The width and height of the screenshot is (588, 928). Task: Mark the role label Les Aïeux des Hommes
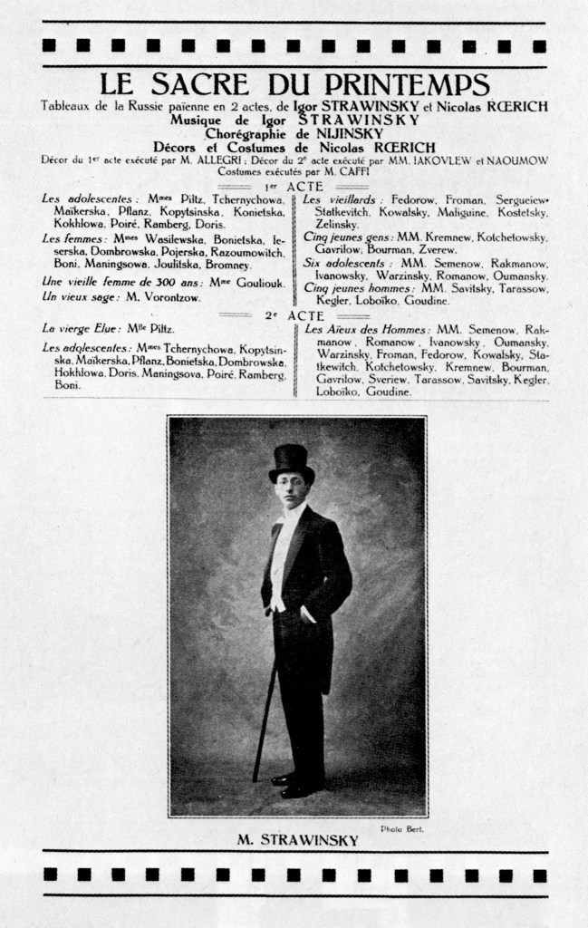[366, 329]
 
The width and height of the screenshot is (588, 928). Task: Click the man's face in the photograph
[290, 490]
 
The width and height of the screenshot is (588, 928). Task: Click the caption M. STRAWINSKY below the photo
[297, 840]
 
